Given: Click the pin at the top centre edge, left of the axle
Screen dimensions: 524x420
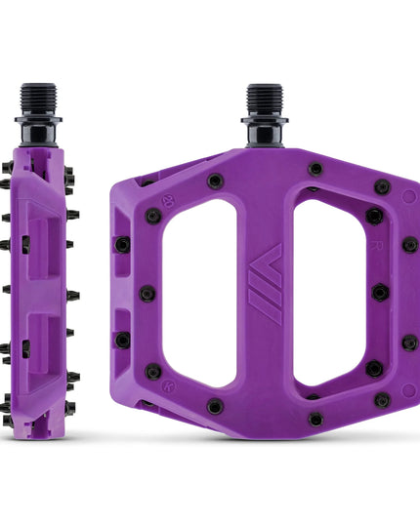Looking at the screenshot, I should [214, 181].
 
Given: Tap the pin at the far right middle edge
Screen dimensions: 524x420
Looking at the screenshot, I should [409, 342].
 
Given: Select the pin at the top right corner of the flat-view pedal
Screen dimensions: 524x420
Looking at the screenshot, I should [382, 186].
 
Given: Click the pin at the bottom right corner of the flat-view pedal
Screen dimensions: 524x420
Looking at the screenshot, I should [382, 399].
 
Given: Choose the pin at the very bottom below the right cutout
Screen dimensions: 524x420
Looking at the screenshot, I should [315, 419].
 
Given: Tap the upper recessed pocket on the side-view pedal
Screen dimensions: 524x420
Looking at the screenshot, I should [41, 239].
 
